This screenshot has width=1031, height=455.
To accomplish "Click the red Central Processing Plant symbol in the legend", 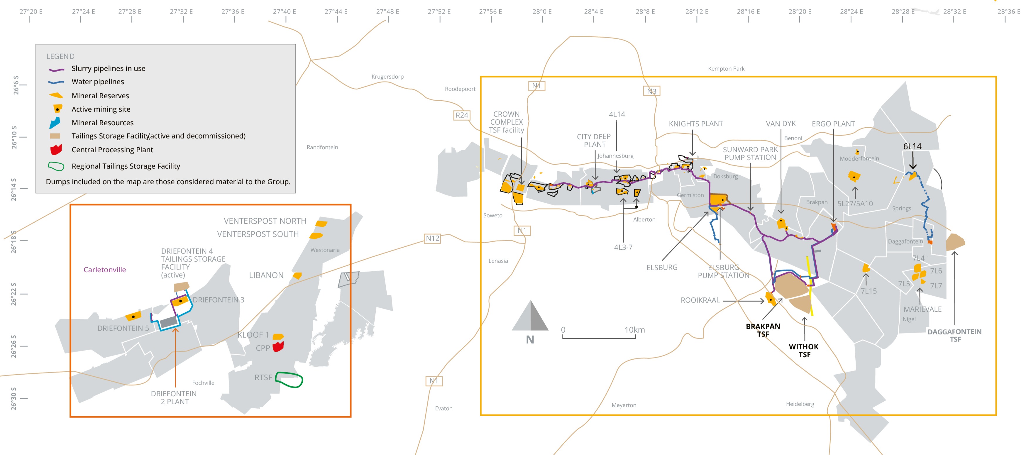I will point(56,150).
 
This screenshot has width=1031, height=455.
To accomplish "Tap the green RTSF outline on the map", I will point(289,380).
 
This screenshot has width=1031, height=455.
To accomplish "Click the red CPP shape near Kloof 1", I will point(278,346).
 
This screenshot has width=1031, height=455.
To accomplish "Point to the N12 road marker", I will point(432,239).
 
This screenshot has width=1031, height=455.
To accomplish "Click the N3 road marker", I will point(651,91).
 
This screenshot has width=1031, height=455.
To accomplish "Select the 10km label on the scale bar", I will point(634,330).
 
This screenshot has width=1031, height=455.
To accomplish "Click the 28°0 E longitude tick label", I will point(542,12).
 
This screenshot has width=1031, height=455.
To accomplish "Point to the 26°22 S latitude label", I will point(14,294).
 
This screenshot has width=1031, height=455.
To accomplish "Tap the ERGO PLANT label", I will point(833,124).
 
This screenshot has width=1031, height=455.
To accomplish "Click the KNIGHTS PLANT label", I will point(696,124).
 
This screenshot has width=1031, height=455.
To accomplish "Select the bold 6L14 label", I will point(912,146).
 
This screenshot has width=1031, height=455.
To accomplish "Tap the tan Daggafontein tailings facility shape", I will point(955,242).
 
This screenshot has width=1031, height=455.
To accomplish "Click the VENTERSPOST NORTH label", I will point(265,221).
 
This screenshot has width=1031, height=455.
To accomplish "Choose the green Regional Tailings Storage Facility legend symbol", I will point(56,166).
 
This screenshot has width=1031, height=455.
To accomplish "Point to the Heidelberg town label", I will point(800,404).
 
